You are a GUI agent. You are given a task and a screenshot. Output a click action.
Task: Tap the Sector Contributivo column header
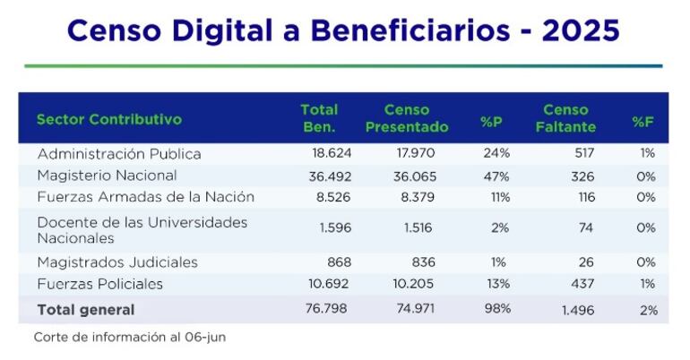pos(108,119)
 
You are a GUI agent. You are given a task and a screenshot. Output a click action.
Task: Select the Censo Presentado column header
pos(407,119)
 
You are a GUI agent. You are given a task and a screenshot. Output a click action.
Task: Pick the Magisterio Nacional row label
pos(107,176)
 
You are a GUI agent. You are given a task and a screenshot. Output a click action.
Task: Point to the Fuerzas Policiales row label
pos(99,284)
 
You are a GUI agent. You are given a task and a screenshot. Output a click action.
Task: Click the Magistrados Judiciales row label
pos(117,262)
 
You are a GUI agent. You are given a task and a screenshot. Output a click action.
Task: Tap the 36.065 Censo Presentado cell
pos(415,176)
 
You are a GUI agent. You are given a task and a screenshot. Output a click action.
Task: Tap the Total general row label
pos(86,310)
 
